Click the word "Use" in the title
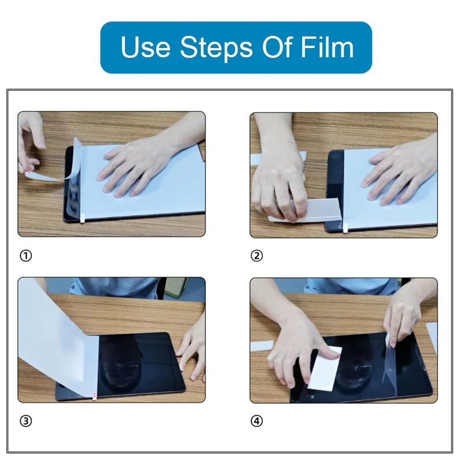tap(146, 47)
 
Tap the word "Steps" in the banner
tap(216, 48)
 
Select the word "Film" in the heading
tap(327, 47)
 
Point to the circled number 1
tap(25, 256)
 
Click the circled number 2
tap(256, 256)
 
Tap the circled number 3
tap(25, 421)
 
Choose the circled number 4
tap(256, 421)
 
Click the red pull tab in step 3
tap(94, 395)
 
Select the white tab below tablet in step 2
tap(346, 228)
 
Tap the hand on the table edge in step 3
tap(192, 351)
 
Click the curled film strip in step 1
tap(59, 166)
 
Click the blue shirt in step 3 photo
tap(118, 287)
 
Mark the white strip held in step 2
tap(307, 210)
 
